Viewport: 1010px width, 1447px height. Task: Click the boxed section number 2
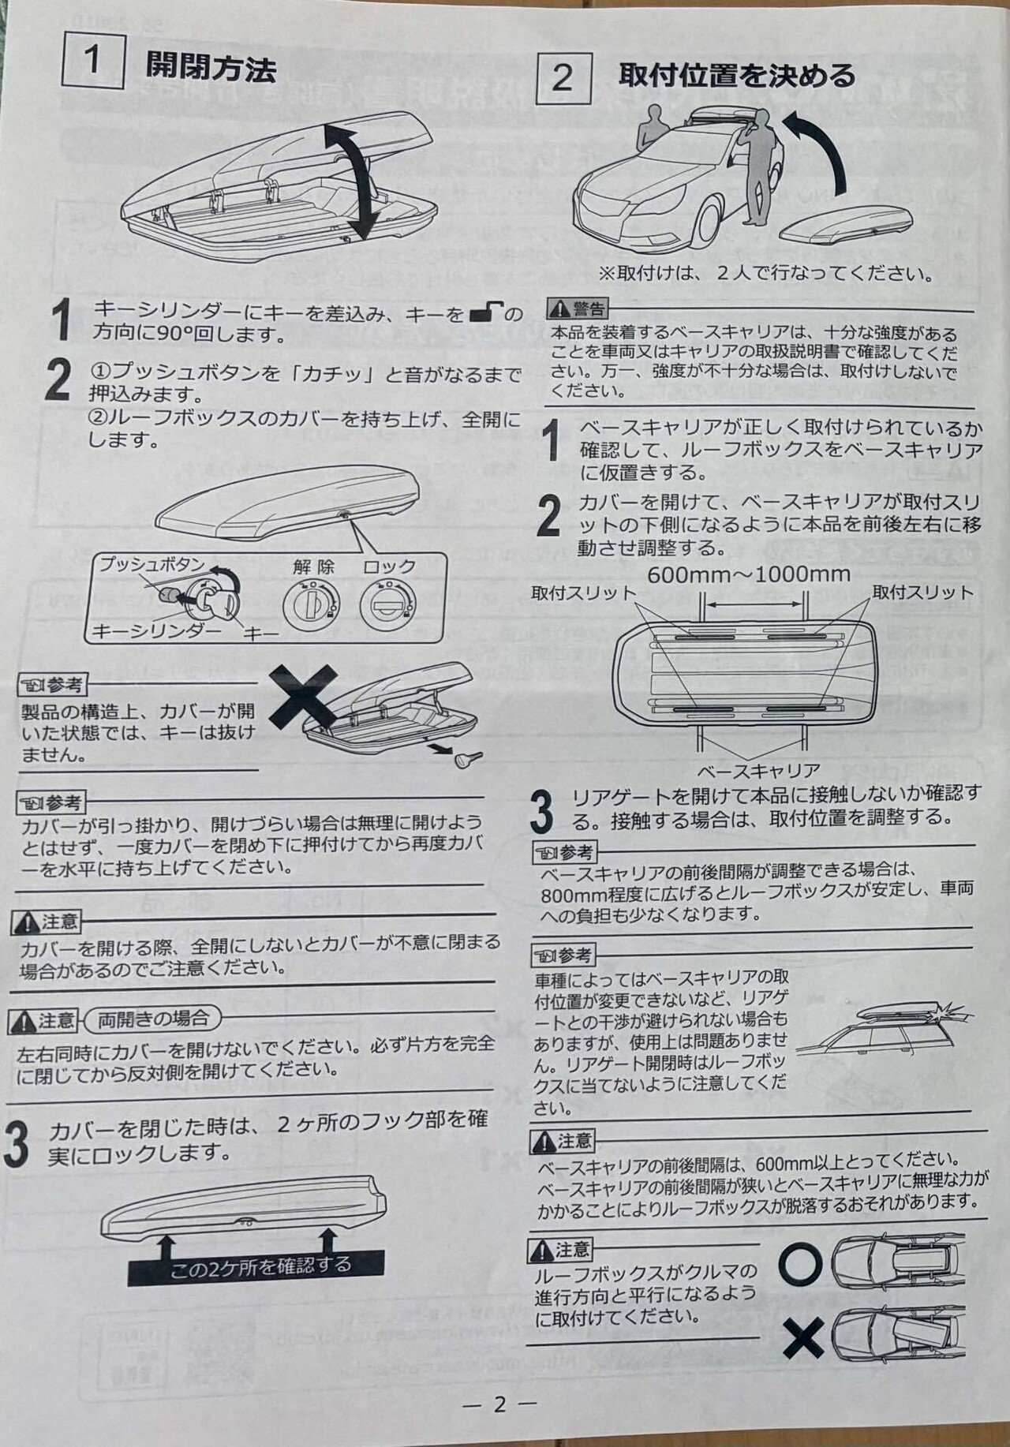(563, 77)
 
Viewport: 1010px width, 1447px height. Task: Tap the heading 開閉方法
(211, 68)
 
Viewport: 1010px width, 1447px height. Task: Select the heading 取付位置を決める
(736, 76)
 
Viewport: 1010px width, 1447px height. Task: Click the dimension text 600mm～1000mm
(749, 574)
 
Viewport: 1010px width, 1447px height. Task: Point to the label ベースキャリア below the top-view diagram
(758, 769)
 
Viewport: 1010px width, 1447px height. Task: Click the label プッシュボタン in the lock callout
(151, 565)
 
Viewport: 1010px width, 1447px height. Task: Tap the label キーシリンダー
(157, 630)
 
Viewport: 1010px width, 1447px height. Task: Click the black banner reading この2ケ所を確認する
(256, 1266)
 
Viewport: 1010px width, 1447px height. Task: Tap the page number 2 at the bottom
(499, 1405)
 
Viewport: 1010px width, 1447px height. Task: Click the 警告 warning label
(579, 308)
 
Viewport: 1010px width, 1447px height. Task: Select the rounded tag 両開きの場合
(152, 1019)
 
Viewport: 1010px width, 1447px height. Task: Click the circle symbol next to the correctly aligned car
(801, 1264)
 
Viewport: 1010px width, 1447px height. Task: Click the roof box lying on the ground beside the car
(848, 228)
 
